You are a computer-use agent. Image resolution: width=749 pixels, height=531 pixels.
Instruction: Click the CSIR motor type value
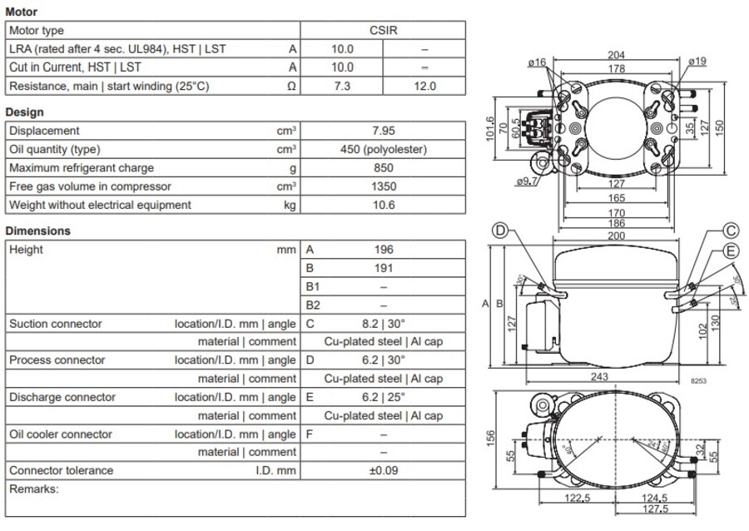pyautogui.click(x=384, y=31)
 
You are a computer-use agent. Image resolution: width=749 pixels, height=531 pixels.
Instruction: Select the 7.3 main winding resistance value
pyautogui.click(x=342, y=86)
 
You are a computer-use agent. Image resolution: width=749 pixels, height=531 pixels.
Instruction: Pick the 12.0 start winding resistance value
pyautogui.click(x=424, y=86)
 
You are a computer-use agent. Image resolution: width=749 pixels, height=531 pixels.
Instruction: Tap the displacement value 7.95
pyautogui.click(x=384, y=131)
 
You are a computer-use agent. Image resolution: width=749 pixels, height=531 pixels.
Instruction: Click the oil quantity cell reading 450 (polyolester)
pyautogui.click(x=384, y=149)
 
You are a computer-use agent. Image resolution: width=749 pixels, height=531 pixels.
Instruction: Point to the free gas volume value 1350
pyautogui.click(x=384, y=186)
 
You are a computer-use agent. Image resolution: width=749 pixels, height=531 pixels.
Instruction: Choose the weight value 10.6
pyautogui.click(x=384, y=205)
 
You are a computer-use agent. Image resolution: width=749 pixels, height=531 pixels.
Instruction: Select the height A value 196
pyautogui.click(x=384, y=250)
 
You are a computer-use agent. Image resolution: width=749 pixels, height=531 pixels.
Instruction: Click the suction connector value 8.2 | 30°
pyautogui.click(x=384, y=324)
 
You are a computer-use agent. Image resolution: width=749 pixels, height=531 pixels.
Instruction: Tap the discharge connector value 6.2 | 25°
pyautogui.click(x=384, y=397)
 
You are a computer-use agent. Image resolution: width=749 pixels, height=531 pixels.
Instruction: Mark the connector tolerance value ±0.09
pyautogui.click(x=384, y=470)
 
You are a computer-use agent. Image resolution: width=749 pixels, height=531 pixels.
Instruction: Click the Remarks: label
pyautogui.click(x=34, y=489)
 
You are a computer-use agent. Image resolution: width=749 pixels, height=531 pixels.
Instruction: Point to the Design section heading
pyautogui.click(x=25, y=112)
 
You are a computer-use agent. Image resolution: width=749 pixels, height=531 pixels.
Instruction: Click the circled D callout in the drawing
pyautogui.click(x=500, y=231)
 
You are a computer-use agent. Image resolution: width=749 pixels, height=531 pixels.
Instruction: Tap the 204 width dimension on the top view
pyautogui.click(x=617, y=56)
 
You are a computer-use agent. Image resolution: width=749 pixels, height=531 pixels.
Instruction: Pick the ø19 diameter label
pyautogui.click(x=697, y=61)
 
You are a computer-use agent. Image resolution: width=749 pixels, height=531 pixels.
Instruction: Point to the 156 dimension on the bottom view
pyautogui.click(x=491, y=437)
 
